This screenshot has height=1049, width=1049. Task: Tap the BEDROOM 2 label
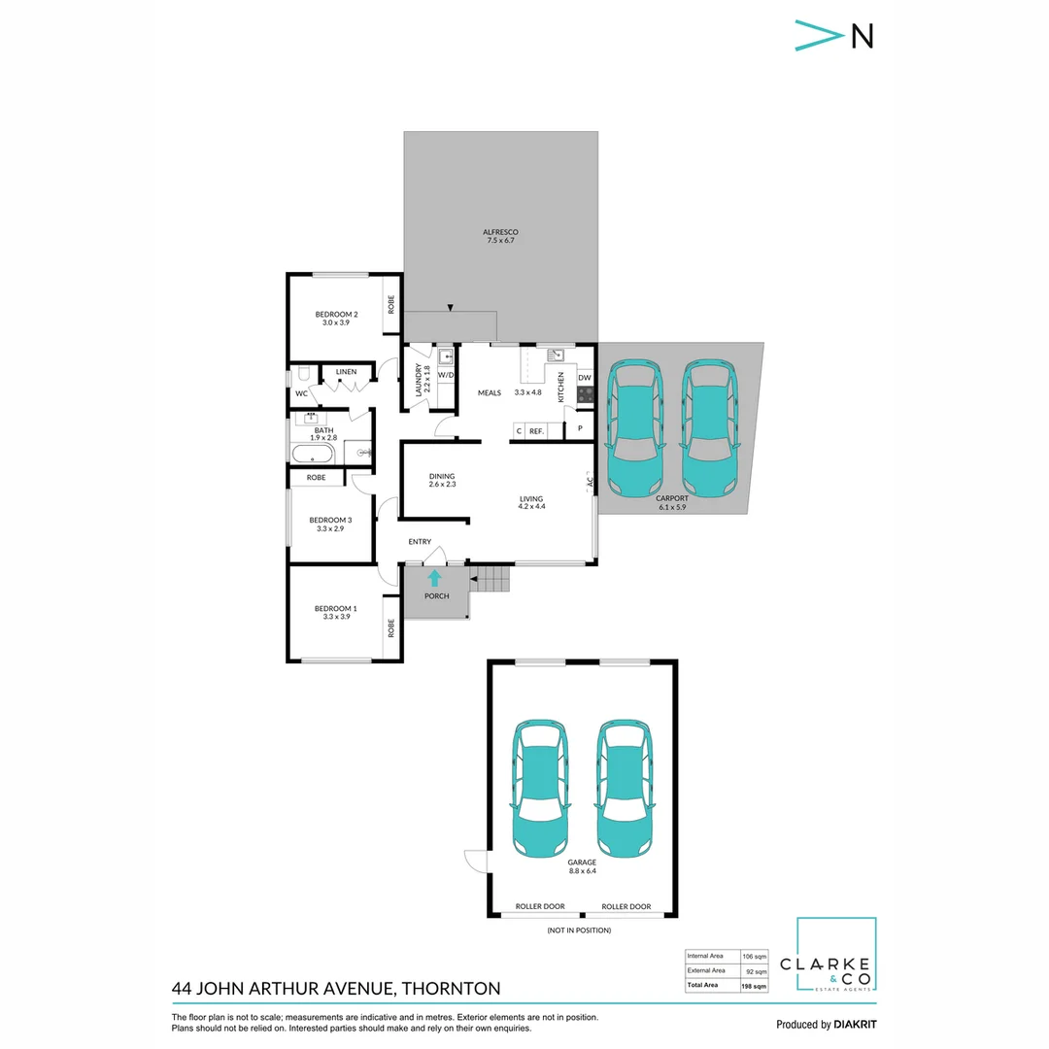point(336,314)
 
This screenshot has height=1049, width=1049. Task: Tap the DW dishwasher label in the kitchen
point(585,378)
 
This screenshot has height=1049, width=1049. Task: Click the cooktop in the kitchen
point(585,394)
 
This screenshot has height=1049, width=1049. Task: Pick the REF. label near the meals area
point(536,430)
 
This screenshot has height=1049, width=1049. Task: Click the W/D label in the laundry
point(446,374)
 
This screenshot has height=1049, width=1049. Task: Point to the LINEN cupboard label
point(346,372)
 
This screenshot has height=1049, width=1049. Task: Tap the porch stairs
point(491,580)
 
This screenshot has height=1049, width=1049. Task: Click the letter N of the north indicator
point(862,35)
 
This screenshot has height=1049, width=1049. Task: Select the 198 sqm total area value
point(755,986)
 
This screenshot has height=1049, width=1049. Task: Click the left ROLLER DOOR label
point(541,906)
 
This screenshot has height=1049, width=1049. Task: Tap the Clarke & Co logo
point(836,956)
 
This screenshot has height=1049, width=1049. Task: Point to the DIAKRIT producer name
point(861,1025)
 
